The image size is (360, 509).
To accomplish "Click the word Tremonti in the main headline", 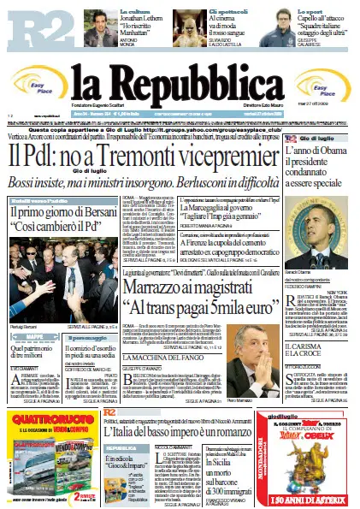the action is [x=150, y=156].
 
